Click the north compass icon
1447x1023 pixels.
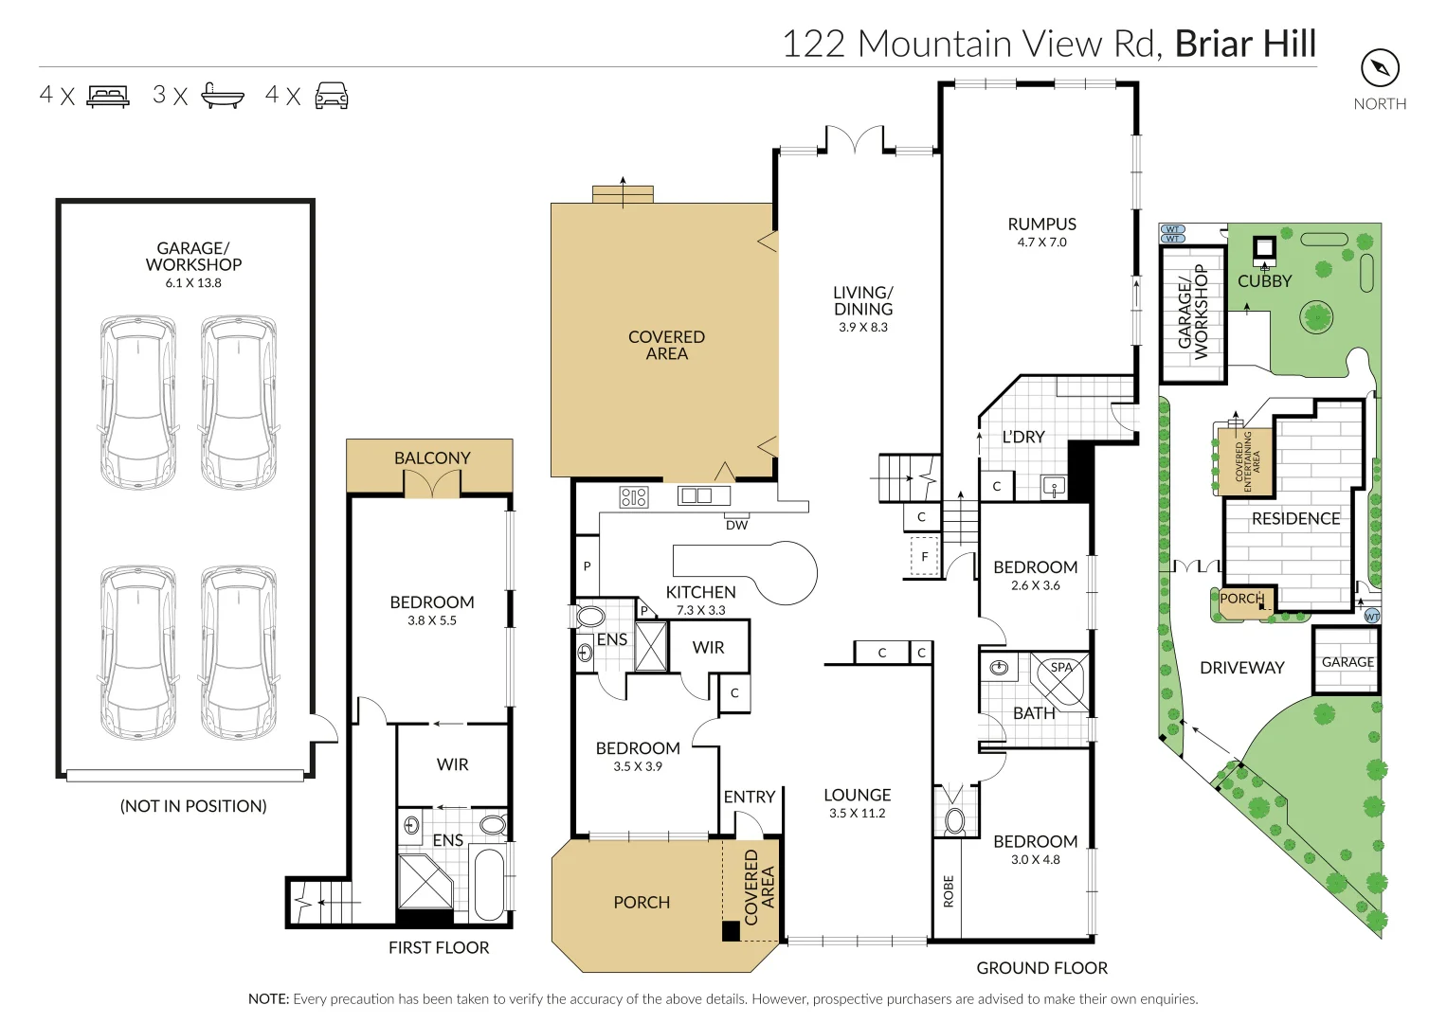coord(1380,68)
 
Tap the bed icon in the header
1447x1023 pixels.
coord(108,96)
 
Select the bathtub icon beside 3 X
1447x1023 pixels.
coord(223,96)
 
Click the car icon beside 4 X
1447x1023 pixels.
coord(332,96)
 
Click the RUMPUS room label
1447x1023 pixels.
coord(1041,224)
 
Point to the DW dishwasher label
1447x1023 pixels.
coord(736,525)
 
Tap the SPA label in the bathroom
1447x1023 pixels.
coord(1061,667)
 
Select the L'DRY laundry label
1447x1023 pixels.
coord(1023,437)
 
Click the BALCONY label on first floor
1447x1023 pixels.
coord(432,458)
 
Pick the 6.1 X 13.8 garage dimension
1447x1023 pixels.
coord(193,282)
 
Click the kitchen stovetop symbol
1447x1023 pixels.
coord(633,496)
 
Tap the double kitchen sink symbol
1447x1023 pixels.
coord(703,495)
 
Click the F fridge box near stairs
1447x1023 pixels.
coord(925,557)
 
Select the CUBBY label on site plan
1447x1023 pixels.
coord(1264,280)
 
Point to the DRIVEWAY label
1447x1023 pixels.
coord(1241,668)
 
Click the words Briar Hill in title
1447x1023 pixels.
coord(1245,44)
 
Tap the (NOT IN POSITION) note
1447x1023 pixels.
coord(193,806)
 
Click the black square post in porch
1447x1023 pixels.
coord(731,931)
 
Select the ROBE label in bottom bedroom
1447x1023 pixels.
coord(949,891)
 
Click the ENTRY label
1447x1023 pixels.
coord(750,797)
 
